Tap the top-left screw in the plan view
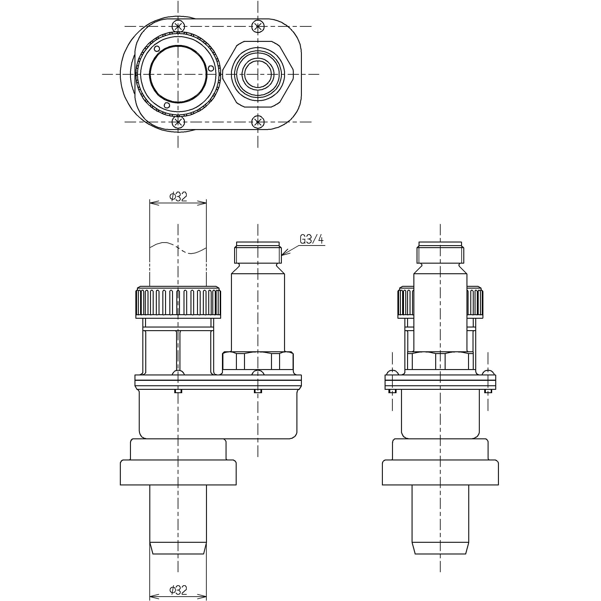pyautogui.click(x=178, y=27)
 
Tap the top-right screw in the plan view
pyautogui.click(x=258, y=27)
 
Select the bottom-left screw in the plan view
pyautogui.click(x=178, y=122)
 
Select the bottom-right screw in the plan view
pyautogui.click(x=258, y=122)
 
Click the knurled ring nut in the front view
pyautogui.click(x=178, y=302)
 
